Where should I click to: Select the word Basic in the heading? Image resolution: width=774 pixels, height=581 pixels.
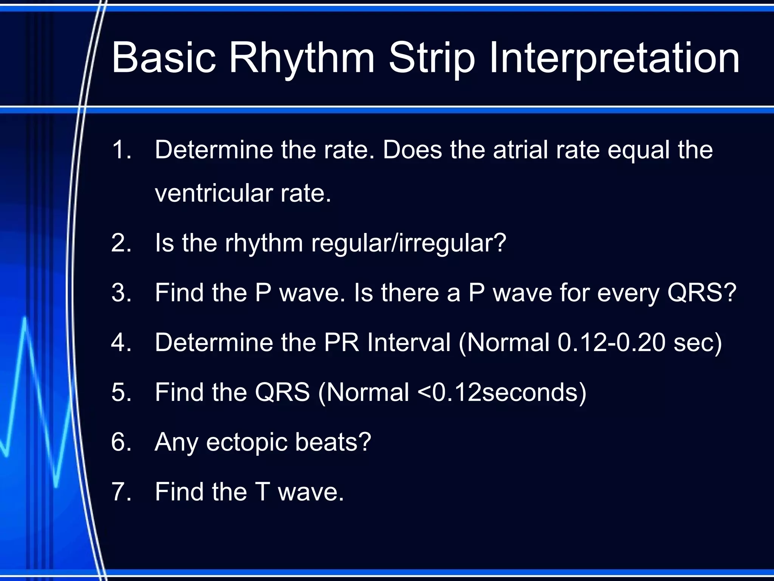coord(164,58)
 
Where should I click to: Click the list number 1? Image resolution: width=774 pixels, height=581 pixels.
coord(121,150)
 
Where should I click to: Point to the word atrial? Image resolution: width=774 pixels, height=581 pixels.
coord(520,150)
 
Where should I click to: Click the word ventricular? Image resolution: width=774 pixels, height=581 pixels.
coord(214,193)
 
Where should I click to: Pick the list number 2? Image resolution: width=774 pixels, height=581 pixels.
coord(121,243)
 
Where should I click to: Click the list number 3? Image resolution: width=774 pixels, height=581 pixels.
coord(121,293)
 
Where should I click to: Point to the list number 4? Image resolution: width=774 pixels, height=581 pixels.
coord(121,342)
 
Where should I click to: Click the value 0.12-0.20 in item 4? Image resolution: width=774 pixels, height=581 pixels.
coord(611,342)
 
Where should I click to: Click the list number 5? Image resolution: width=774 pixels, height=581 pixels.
coord(121,392)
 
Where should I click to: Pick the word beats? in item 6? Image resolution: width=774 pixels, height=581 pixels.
coord(333,442)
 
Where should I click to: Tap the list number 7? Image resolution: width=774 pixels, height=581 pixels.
coord(121,492)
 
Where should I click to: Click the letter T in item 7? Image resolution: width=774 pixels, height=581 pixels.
coord(263,492)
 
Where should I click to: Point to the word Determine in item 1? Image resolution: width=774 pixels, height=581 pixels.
coord(214,150)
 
